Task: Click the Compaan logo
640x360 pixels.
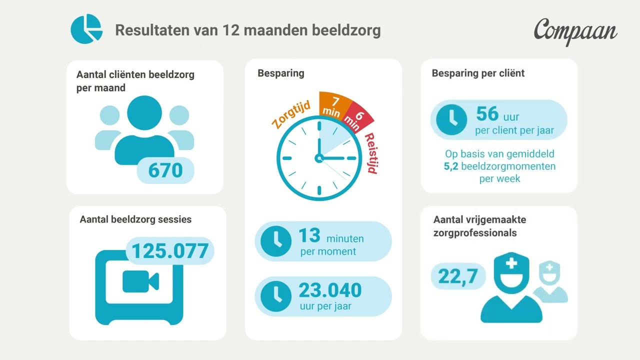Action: coord(575,31)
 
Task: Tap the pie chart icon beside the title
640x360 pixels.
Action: coord(86,29)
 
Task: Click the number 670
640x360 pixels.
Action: coord(165,170)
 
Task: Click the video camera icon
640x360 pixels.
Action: coord(140,281)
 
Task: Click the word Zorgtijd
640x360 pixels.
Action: coord(290,114)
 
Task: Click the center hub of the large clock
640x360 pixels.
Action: coord(318,158)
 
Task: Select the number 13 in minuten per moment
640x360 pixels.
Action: coord(309,235)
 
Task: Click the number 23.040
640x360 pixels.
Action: coord(330,290)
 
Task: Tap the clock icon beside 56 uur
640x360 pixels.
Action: coord(451,119)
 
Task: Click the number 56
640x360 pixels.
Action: coord(487,114)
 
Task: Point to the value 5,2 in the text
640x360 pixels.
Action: coord(451,166)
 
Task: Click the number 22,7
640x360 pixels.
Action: coord(458,276)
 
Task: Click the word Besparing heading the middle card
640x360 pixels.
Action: coord(281,73)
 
